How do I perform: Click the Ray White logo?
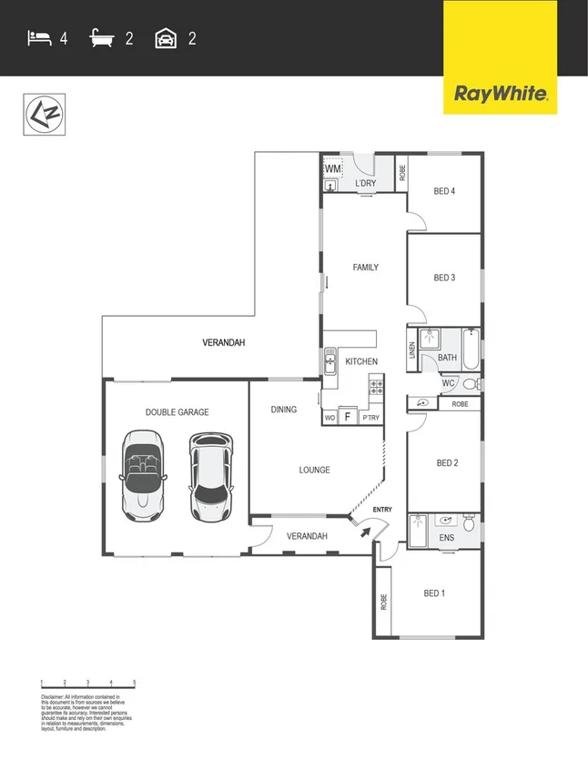coord(500,93)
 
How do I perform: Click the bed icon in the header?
coord(38,38)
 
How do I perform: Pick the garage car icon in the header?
coord(166,38)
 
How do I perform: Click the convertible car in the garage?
coord(141,475)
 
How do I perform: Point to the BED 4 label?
coord(444,191)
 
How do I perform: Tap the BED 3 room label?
coord(444,278)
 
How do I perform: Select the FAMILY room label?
coord(365,268)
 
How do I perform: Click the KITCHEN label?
coord(361,362)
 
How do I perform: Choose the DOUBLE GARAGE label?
coord(177,412)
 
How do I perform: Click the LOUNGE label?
coord(314,470)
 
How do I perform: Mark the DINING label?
coord(284,410)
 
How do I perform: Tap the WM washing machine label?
coord(332,169)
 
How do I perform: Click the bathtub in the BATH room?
coord(470,350)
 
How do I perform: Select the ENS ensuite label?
coord(446,539)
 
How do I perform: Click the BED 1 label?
coord(435,593)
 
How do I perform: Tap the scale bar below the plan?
coord(88,683)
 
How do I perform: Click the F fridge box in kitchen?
coord(347,417)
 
